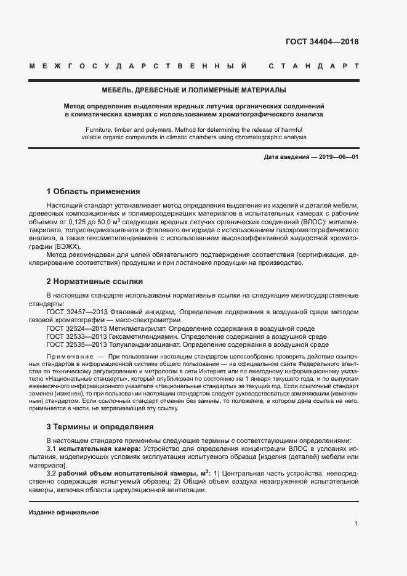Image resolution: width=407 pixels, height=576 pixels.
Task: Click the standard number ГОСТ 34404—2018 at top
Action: (322, 42)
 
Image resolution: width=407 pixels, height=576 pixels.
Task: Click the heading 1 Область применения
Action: (93, 191)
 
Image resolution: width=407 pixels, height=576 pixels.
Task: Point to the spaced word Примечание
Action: (70, 357)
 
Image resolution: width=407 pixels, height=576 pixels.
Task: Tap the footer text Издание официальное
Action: (64, 513)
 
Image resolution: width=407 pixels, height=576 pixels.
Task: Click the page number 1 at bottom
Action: (357, 524)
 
